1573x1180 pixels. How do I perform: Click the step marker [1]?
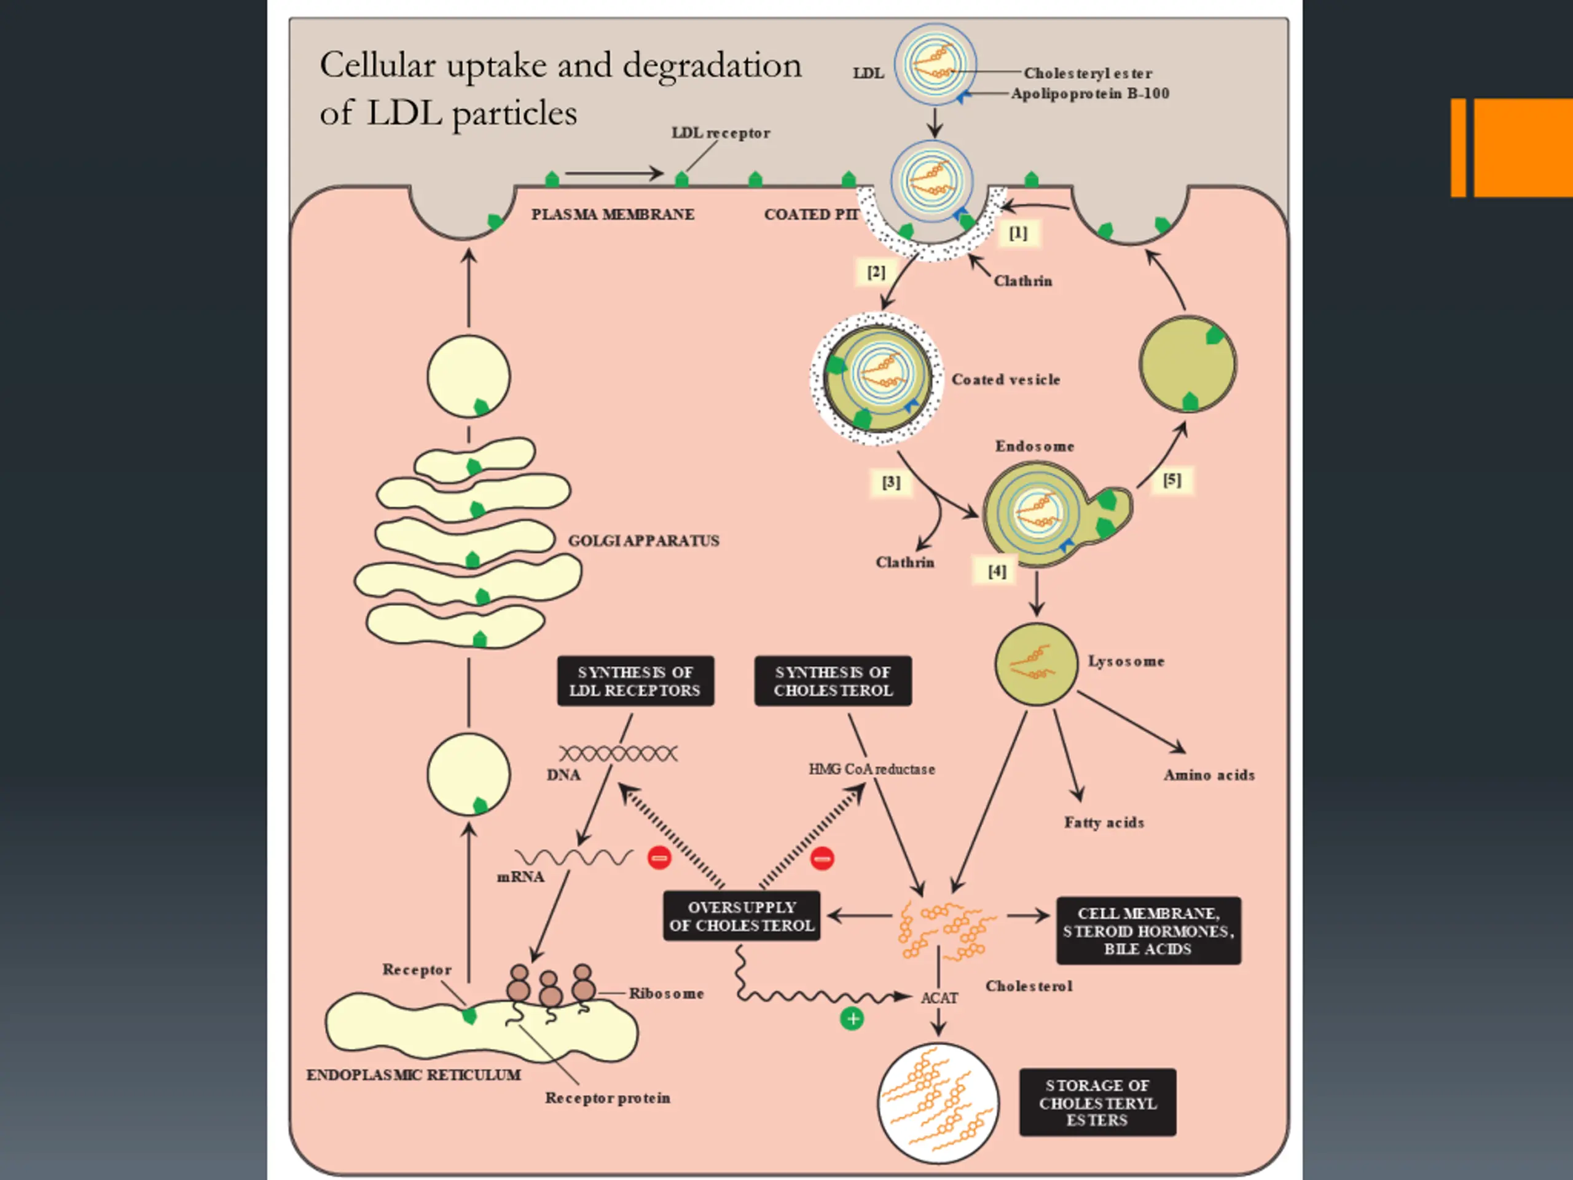(1018, 234)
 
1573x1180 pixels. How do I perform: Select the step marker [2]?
(876, 272)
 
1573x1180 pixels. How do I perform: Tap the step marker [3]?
(891, 483)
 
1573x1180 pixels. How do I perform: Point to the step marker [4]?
(997, 571)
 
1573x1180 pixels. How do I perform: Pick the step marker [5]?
(1172, 480)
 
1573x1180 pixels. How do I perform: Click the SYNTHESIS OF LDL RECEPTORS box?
(635, 682)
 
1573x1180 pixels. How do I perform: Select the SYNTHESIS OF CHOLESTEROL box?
(833, 682)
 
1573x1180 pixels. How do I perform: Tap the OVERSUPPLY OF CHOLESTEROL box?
(741, 916)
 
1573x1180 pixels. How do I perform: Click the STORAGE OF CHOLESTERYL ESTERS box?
(1097, 1103)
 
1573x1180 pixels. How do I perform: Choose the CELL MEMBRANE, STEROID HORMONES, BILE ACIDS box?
(1148, 931)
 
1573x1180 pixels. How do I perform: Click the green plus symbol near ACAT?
(852, 1018)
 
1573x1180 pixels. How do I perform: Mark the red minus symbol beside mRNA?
(659, 858)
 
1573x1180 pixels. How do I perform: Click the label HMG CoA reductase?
(871, 769)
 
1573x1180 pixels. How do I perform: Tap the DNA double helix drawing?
(618, 753)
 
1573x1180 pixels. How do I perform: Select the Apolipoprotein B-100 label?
(1090, 94)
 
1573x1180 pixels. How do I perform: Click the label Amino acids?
(1209, 775)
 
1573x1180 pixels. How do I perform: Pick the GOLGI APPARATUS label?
(643, 541)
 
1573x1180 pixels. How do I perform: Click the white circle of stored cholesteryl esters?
(938, 1103)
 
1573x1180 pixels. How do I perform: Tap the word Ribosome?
(666, 994)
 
